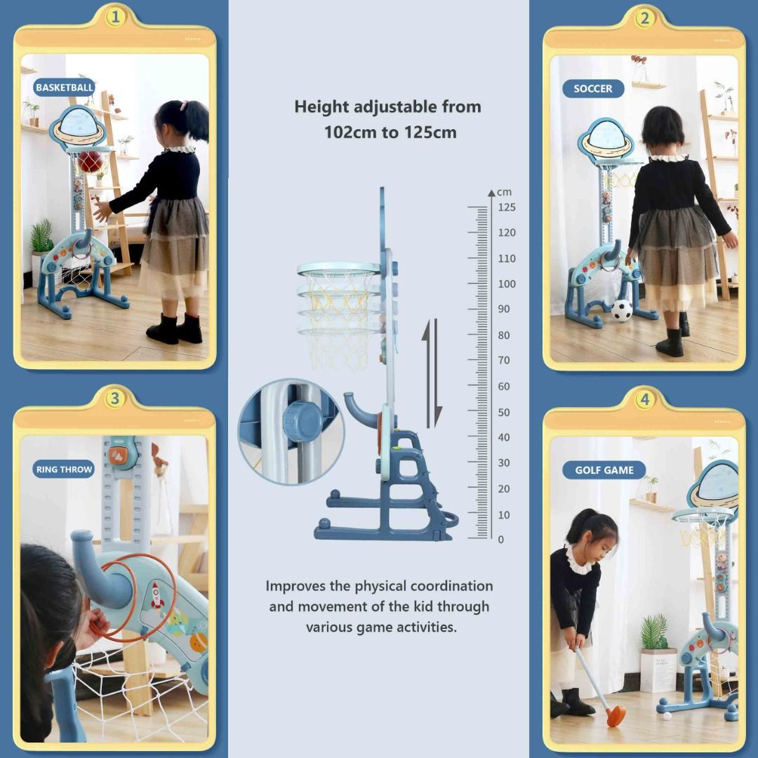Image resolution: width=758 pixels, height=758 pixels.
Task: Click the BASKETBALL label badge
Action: (x=65, y=88)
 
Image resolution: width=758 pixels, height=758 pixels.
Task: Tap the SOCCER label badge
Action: (x=593, y=88)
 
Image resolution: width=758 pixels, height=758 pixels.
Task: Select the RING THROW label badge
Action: (x=64, y=469)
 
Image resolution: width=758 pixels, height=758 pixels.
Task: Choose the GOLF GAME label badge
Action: (x=604, y=470)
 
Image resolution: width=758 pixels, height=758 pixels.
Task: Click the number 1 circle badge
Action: (x=115, y=18)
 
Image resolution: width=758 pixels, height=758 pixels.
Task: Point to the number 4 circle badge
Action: (x=644, y=400)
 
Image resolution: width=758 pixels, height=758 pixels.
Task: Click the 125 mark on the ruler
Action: (x=507, y=207)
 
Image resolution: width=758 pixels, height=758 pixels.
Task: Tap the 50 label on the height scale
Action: (x=504, y=413)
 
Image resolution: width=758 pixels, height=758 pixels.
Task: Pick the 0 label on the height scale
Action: (x=501, y=540)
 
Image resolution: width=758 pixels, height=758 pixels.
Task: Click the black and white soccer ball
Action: (x=621, y=310)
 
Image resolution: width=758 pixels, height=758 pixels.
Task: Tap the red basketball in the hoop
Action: (x=91, y=162)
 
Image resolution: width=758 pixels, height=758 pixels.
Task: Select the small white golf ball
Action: (x=667, y=717)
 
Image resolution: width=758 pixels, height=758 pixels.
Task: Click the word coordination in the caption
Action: (x=451, y=586)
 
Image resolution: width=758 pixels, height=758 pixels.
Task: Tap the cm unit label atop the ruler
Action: (x=504, y=192)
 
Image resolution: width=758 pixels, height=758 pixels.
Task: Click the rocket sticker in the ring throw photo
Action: (x=156, y=596)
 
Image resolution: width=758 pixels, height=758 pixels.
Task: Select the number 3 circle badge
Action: (x=114, y=399)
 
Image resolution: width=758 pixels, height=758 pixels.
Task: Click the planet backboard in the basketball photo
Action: (x=77, y=126)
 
